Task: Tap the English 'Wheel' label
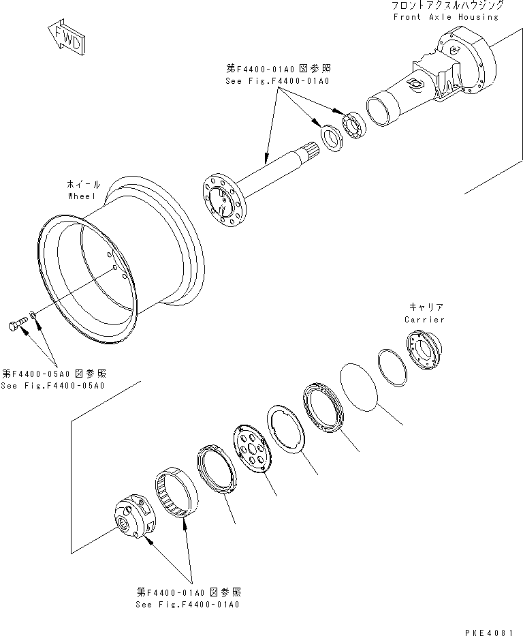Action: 84,195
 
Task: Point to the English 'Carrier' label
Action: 424,319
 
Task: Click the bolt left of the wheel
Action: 15,327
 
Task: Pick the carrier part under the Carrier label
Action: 425,351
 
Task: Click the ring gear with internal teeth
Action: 175,491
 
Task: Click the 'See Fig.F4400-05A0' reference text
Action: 52,385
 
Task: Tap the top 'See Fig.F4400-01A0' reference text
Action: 276,80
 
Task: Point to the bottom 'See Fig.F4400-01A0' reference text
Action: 188,604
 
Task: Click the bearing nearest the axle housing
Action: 355,125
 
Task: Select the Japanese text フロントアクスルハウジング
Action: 447,5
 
